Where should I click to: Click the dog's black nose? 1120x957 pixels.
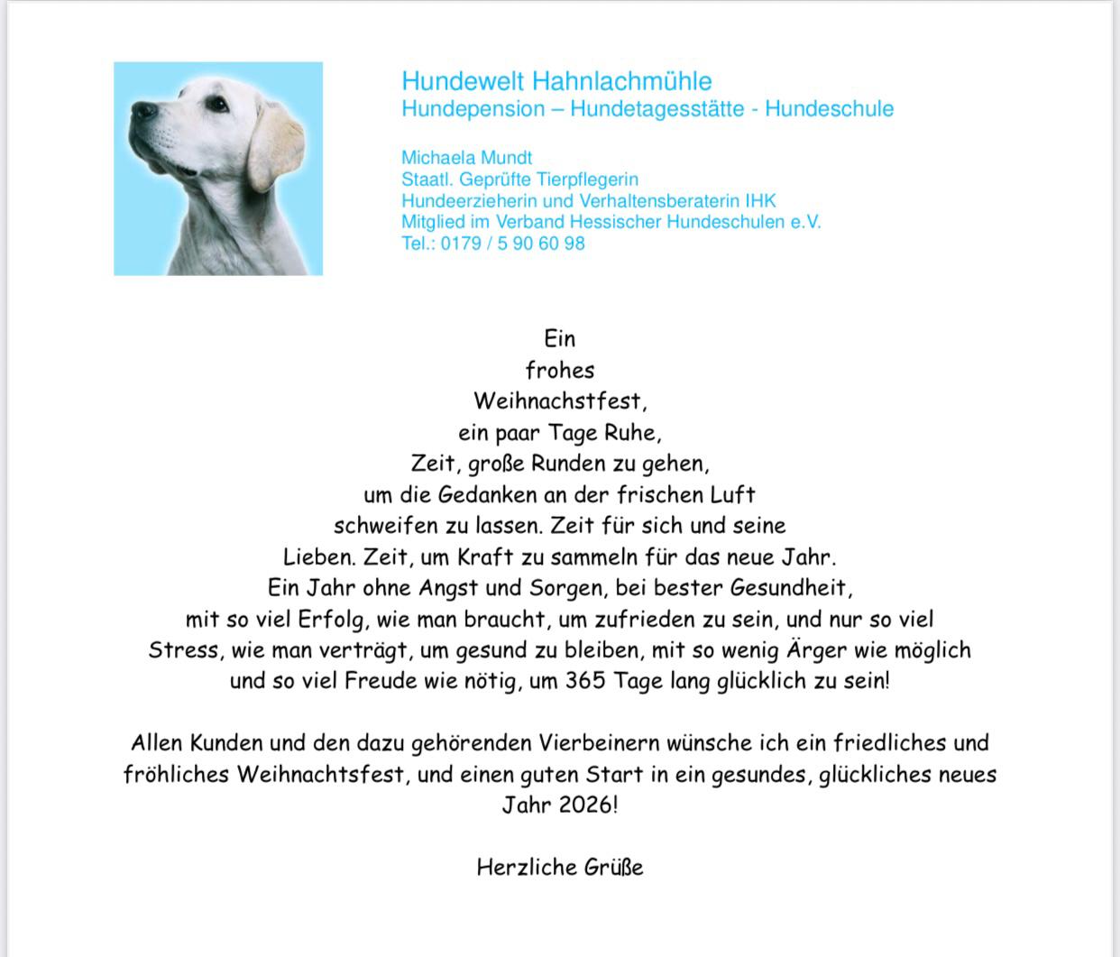tap(142, 110)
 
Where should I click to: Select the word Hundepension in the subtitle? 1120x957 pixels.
tap(473, 109)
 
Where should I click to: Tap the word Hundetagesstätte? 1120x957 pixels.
tap(661, 109)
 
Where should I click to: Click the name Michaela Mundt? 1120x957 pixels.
tap(466, 158)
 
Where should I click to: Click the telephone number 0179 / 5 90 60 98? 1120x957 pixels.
tap(512, 244)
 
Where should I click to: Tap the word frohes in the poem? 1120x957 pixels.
tap(560, 371)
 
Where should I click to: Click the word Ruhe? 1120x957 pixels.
tap(632, 433)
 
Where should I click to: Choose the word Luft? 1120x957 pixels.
tap(732, 495)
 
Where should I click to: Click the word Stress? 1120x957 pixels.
tap(184, 650)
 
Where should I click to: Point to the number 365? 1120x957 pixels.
tap(586, 681)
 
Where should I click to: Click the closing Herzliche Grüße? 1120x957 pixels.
tap(560, 868)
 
